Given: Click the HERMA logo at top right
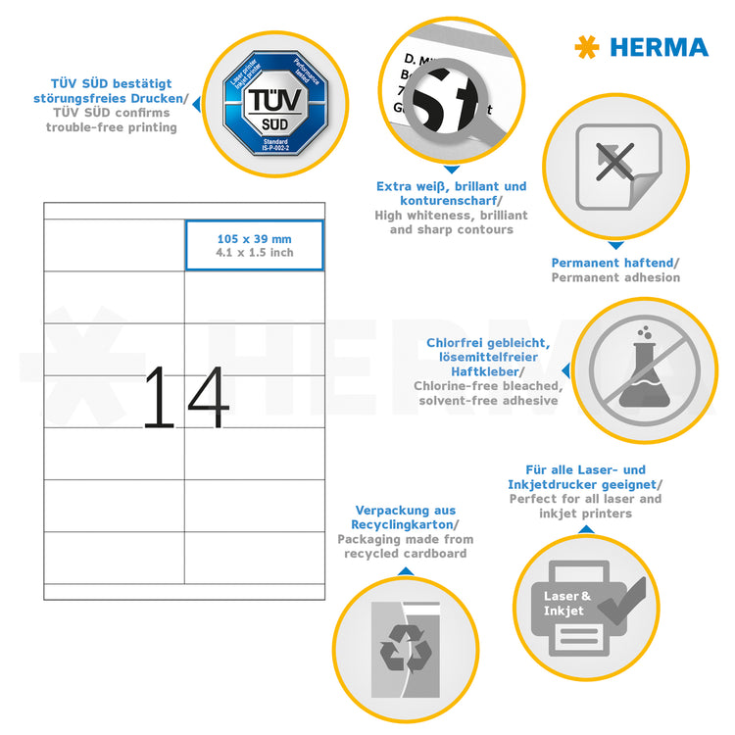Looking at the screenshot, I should click(641, 47).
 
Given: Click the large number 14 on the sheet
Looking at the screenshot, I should click(185, 398).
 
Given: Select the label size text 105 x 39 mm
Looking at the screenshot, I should click(254, 238).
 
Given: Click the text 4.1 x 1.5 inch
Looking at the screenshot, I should click(254, 253).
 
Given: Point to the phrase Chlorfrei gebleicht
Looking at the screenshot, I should click(488, 343).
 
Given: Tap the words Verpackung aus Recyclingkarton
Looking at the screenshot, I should click(404, 517).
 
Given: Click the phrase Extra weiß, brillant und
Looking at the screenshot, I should click(451, 186).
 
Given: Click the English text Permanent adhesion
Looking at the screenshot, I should click(614, 277).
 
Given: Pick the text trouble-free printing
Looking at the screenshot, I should click(111, 127).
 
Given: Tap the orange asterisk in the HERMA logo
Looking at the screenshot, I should click(586, 47).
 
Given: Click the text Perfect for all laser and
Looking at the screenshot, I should click(585, 499).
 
